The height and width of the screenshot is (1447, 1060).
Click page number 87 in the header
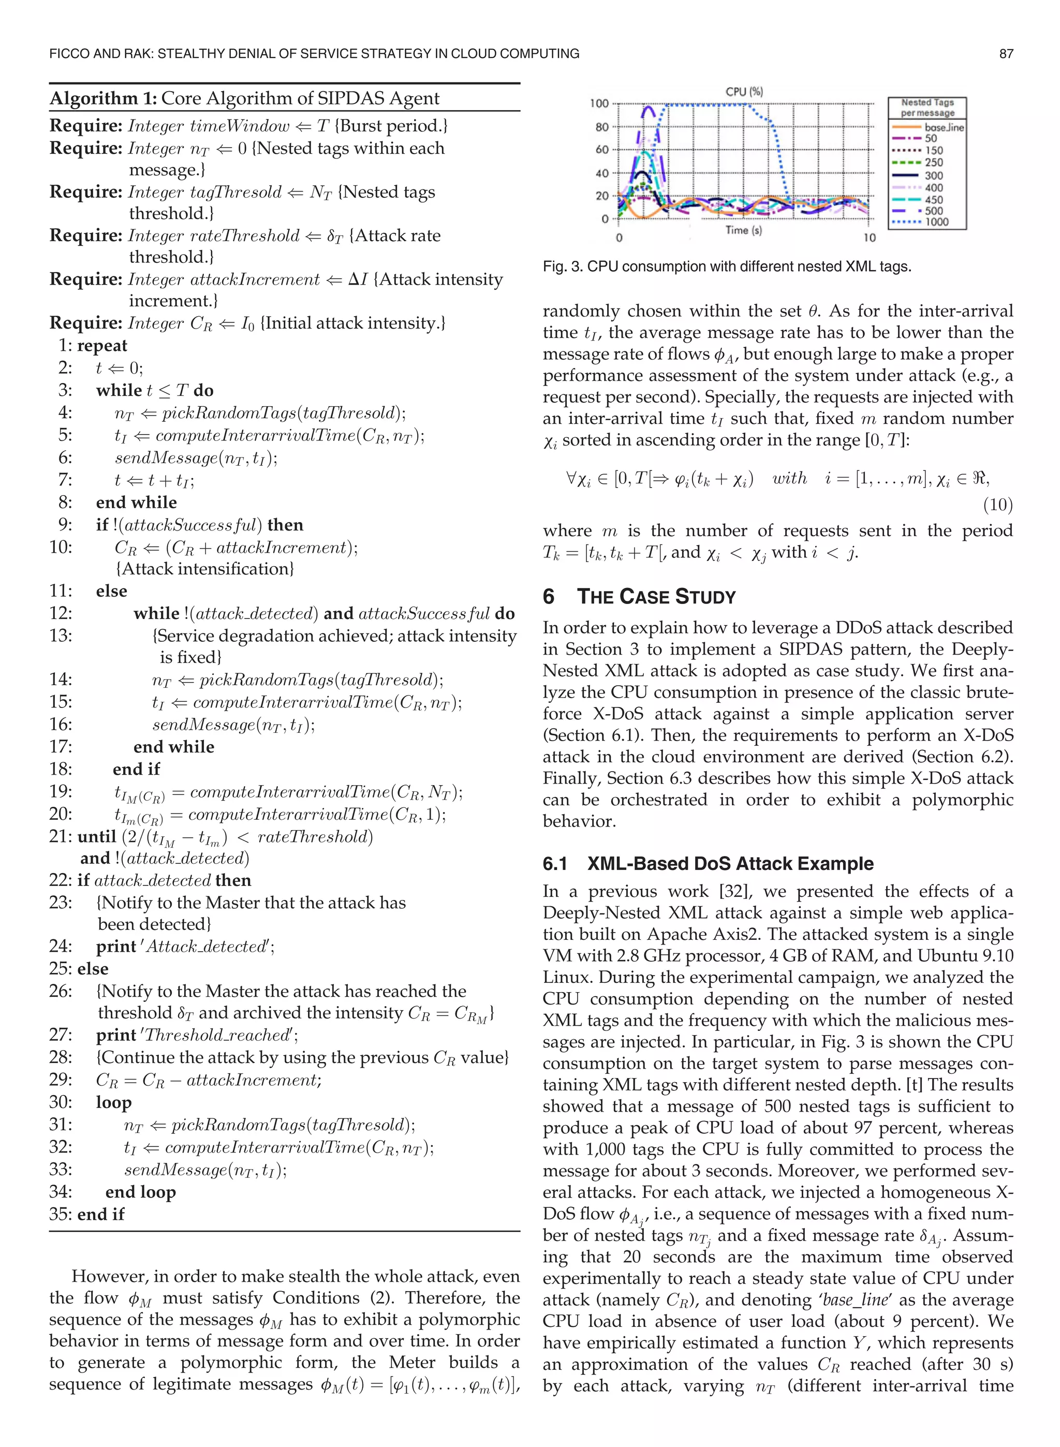coord(1006,54)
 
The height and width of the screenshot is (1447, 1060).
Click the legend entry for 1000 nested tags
coord(936,222)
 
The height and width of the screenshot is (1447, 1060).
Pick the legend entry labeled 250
coord(934,163)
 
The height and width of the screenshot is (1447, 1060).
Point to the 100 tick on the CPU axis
coord(599,104)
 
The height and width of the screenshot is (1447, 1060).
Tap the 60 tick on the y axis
coord(602,150)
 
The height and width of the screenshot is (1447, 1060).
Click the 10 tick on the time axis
coord(869,238)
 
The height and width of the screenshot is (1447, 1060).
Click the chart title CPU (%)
coord(744,92)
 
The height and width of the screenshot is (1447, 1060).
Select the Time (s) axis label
coord(744,230)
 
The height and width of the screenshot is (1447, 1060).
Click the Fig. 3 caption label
coord(563,267)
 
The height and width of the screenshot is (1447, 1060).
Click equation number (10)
coord(998,505)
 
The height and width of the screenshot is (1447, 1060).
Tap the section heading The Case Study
coord(656,597)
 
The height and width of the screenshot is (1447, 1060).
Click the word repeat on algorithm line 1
coord(102,346)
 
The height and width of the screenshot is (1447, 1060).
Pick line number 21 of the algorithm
coord(61,836)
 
